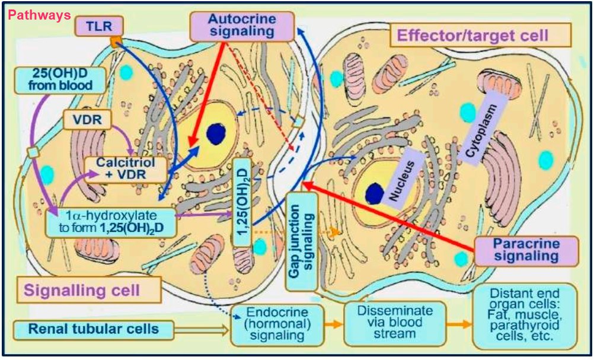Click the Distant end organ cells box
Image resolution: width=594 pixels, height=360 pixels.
pyautogui.click(x=523, y=316)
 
